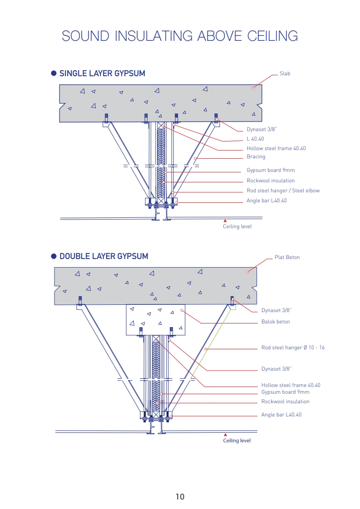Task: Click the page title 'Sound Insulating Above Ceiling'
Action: [180, 36]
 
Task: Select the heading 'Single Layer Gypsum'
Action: [102, 73]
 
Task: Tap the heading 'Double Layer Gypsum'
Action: [104, 256]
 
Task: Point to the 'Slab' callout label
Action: [285, 73]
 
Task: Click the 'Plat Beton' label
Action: [287, 257]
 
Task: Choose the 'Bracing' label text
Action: [256, 157]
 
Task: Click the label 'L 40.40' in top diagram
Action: [255, 139]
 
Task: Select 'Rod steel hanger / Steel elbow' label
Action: [283, 191]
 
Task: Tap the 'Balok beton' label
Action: [276, 322]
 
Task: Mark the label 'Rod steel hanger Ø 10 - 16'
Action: [293, 347]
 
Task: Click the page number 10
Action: [180, 497]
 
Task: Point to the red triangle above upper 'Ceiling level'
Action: [225, 221]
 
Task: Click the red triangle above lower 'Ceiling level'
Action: [225, 435]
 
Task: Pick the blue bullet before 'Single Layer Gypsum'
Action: [54, 73]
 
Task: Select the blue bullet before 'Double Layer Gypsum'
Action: [54, 256]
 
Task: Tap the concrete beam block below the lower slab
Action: [156, 320]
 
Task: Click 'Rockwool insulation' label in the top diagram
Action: [271, 181]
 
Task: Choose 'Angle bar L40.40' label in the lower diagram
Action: [281, 415]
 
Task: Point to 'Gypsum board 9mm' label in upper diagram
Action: [271, 170]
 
